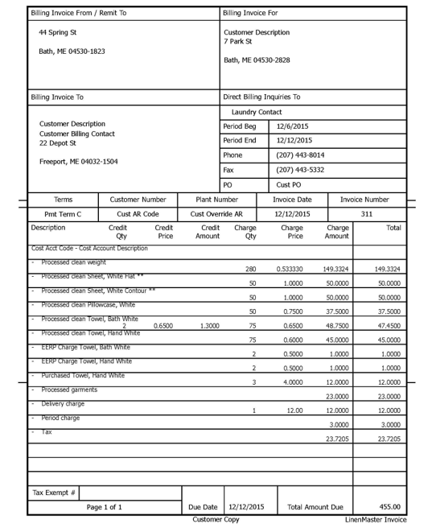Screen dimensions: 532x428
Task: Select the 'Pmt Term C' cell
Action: tap(62, 214)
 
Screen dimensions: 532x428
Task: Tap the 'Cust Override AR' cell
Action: tap(216, 214)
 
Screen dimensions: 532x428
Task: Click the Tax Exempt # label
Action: tap(52, 492)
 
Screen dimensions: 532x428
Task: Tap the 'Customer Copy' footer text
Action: tap(216, 520)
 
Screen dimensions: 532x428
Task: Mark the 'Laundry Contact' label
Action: tap(257, 112)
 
